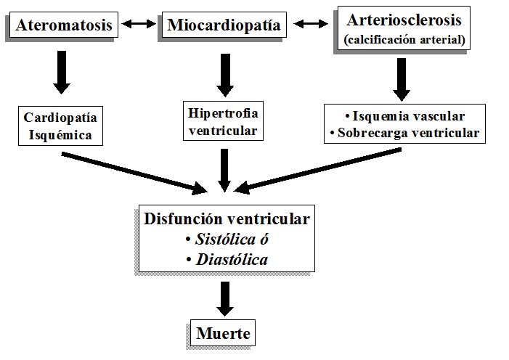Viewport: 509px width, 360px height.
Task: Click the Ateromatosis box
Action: pyautogui.click(x=64, y=26)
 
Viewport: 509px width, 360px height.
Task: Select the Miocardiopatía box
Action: pyautogui.click(x=225, y=26)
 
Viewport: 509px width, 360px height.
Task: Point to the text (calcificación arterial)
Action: pyautogui.click(x=404, y=39)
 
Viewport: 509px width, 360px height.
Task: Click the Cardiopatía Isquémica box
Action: pyautogui.click(x=61, y=125)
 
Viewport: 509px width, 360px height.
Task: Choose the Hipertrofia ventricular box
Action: pyautogui.click(x=223, y=122)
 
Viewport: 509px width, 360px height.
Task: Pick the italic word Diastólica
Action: pyautogui.click(x=232, y=259)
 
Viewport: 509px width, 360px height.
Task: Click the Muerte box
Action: pyautogui.click(x=223, y=334)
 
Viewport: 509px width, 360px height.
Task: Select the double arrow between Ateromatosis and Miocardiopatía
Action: pyautogui.click(x=139, y=25)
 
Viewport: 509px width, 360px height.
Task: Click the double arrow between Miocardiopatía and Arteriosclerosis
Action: pyautogui.click(x=310, y=25)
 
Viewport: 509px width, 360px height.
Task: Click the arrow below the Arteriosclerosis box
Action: pyautogui.click(x=402, y=78)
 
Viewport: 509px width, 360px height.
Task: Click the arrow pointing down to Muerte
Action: pyautogui.click(x=225, y=298)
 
